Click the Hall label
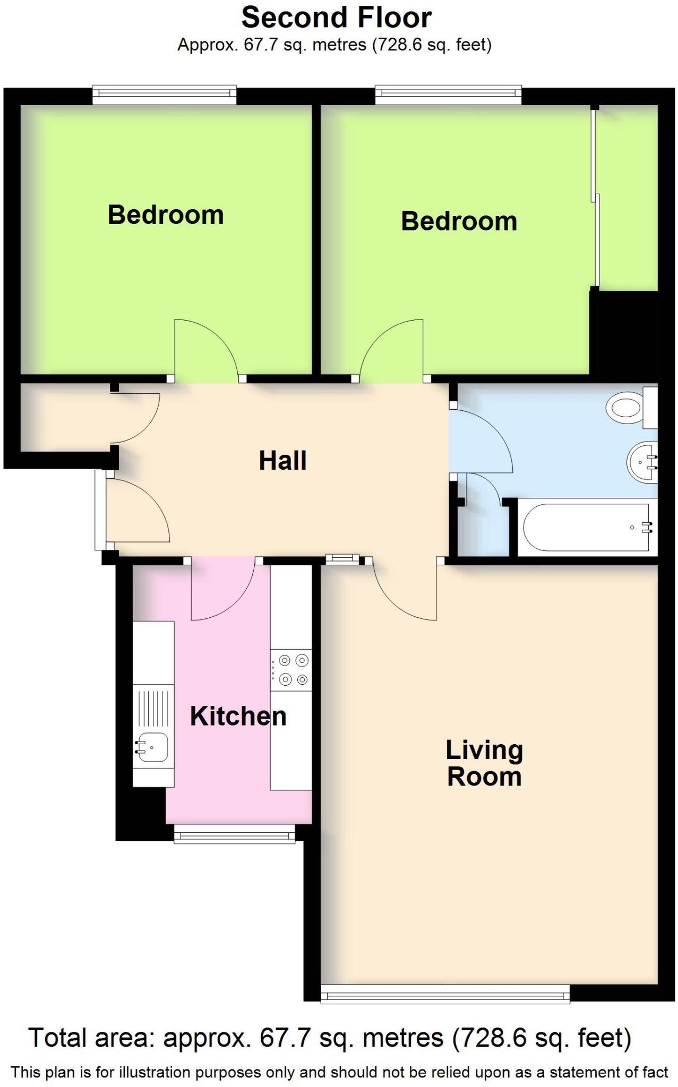click(282, 461)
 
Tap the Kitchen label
click(238, 717)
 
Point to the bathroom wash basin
click(642, 462)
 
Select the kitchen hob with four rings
click(291, 670)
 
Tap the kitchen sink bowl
click(153, 747)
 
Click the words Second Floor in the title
click(336, 18)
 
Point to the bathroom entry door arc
click(483, 441)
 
